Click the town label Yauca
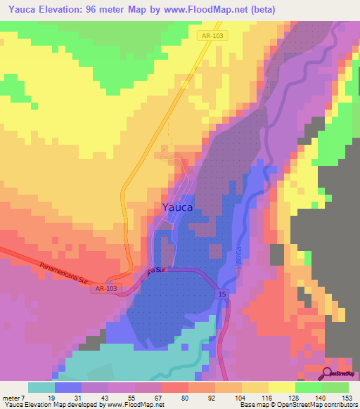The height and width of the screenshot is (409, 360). [x=179, y=207]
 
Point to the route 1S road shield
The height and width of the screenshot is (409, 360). [x=222, y=293]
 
